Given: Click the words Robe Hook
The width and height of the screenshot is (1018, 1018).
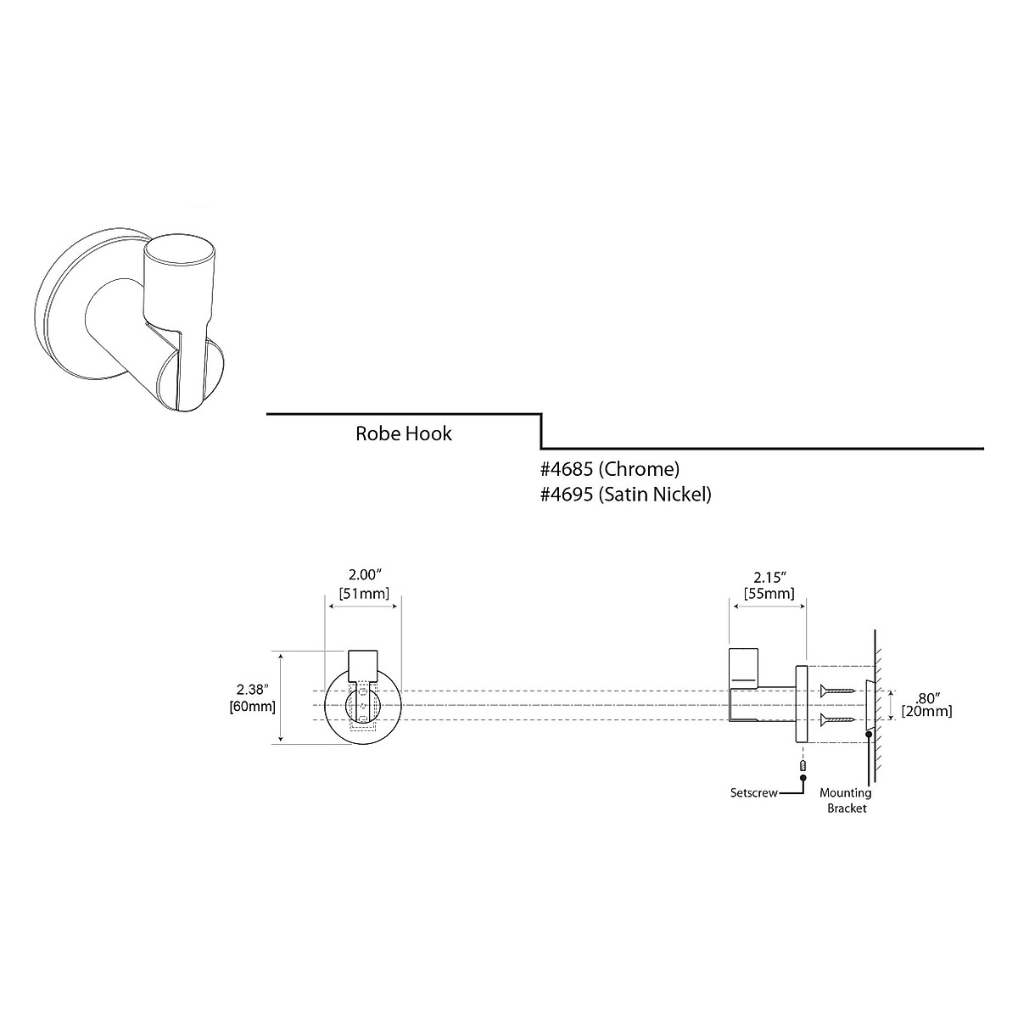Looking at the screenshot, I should (x=403, y=434).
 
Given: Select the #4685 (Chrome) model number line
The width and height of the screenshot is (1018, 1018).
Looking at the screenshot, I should (x=610, y=469).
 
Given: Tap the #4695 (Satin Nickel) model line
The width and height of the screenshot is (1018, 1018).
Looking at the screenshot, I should (x=626, y=494).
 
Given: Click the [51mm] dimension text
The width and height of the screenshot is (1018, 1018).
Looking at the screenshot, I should (x=364, y=593).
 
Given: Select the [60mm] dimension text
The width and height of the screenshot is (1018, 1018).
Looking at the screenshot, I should (x=253, y=706).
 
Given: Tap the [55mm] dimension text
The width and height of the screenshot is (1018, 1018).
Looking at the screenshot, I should (x=769, y=593).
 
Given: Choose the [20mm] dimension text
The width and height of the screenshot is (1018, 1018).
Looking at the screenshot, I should (x=926, y=711).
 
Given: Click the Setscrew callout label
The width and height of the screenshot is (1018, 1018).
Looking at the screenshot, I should (x=753, y=794).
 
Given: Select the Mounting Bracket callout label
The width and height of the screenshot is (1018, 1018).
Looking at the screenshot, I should (x=845, y=801).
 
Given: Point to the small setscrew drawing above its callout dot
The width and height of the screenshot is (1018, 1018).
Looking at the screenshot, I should (x=802, y=766).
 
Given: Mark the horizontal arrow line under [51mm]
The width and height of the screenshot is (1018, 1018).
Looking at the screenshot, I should (x=364, y=604).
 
